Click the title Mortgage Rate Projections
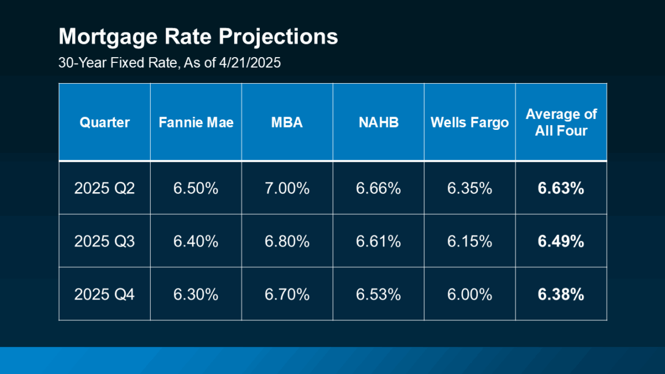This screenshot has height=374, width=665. tap(198, 37)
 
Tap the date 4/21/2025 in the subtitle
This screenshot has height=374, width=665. tap(249, 63)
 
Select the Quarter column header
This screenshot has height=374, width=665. tap(104, 122)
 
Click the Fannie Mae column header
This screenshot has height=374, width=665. tap(196, 122)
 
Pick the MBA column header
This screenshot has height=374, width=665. tap(287, 122)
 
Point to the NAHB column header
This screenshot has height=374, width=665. tap(378, 122)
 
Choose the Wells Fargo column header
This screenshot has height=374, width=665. tap(469, 122)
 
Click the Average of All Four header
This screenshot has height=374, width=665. tap(561, 122)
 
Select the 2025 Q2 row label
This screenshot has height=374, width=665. tap(104, 188)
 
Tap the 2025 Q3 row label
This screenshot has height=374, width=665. tap(104, 241)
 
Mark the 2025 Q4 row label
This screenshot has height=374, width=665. tap(104, 294)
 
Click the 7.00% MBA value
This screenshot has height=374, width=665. tap(287, 188)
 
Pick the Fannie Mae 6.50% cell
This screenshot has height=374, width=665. tap(196, 188)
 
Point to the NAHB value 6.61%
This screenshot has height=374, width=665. tap(378, 241)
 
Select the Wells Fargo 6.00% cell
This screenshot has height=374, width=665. tap(469, 294)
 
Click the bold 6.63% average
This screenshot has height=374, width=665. tap(561, 188)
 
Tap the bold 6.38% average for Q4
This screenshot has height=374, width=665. tap(561, 294)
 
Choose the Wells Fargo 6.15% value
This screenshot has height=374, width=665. tap(469, 241)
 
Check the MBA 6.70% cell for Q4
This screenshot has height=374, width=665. tap(287, 294)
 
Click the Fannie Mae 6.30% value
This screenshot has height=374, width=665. tap(196, 294)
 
